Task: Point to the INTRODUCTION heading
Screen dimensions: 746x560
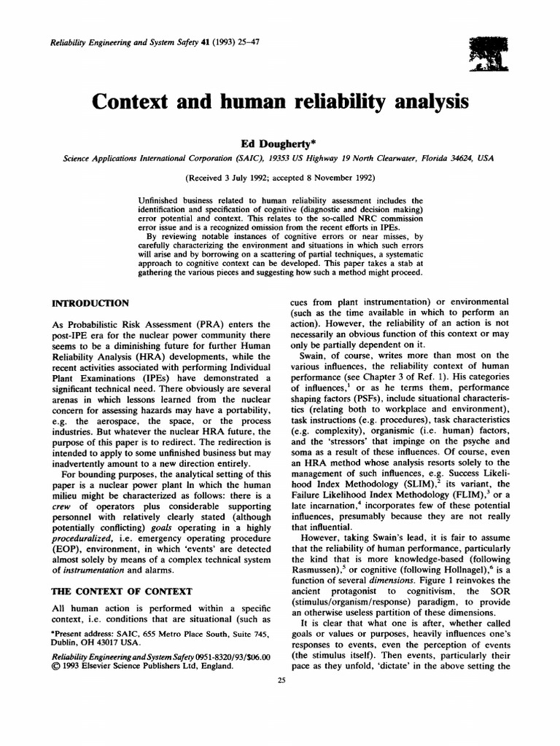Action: pyautogui.click(x=90, y=302)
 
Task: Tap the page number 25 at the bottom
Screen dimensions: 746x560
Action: pyautogui.click(x=281, y=680)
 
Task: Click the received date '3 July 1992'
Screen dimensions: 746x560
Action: pyautogui.click(x=241, y=177)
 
